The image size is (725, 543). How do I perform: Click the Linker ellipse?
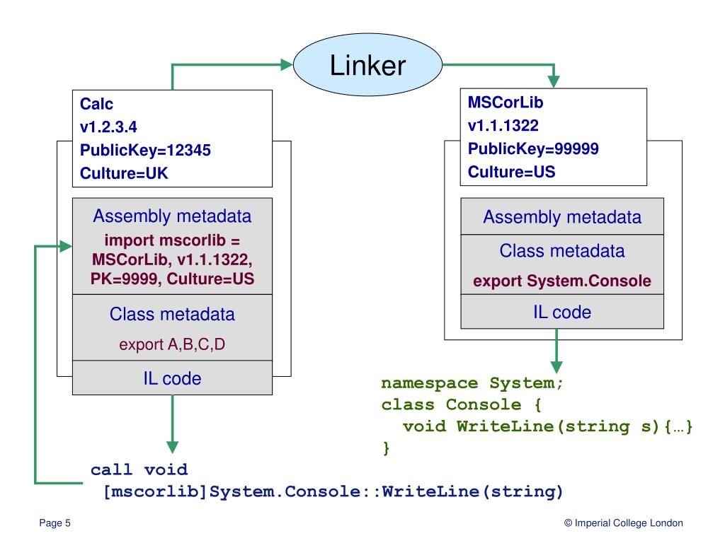pos(367,64)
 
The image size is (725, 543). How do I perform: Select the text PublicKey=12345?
pos(145,150)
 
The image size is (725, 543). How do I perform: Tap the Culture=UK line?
pos(124,173)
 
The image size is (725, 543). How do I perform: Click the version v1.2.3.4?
pos(108,127)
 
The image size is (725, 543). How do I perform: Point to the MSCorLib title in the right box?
pos(506,102)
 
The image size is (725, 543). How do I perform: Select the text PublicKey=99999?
pos(533,148)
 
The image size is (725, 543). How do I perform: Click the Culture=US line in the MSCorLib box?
pos(511,172)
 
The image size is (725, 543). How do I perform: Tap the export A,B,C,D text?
pos(172,344)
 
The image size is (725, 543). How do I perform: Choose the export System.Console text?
pos(561,281)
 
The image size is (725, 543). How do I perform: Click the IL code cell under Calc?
pos(173,378)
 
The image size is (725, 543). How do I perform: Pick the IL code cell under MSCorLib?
pos(562,312)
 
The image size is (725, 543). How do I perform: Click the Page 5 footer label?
pos(55,522)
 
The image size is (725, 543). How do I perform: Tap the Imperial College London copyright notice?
pos(623,522)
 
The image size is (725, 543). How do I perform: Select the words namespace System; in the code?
pos(472,383)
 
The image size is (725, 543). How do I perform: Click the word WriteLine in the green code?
pos(505,426)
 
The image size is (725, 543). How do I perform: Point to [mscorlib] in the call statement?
pos(155,492)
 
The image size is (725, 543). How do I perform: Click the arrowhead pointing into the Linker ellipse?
pos(287,64)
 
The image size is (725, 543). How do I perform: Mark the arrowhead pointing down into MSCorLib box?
pos(554,82)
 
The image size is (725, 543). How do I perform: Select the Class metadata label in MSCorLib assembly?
pos(561,251)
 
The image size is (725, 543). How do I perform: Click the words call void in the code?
pos(139,470)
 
